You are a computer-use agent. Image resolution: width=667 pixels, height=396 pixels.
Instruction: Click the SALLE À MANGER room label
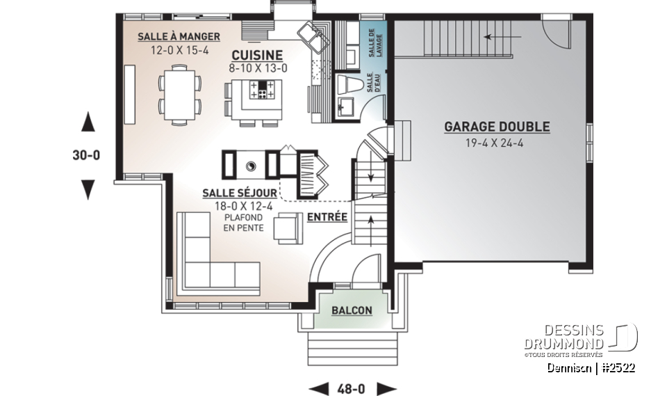[179, 36]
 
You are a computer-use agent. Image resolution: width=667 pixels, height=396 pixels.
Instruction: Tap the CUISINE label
[256, 55]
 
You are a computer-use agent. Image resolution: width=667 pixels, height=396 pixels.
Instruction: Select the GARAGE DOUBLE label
[497, 127]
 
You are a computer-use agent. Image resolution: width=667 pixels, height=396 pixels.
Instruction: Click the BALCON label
[351, 310]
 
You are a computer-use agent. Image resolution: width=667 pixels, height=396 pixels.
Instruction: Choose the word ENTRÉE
[327, 217]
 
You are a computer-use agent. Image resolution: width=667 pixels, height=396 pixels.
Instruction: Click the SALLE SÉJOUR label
[240, 193]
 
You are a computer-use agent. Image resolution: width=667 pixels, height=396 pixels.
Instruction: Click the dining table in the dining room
[180, 93]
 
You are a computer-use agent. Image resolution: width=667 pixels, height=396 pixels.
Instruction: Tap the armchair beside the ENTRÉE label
[287, 228]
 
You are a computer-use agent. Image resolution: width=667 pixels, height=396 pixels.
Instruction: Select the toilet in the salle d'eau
[347, 85]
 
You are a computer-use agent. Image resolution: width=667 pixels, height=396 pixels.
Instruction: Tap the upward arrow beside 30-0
[88, 123]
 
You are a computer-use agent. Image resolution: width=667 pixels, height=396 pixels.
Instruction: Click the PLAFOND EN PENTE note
[243, 222]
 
